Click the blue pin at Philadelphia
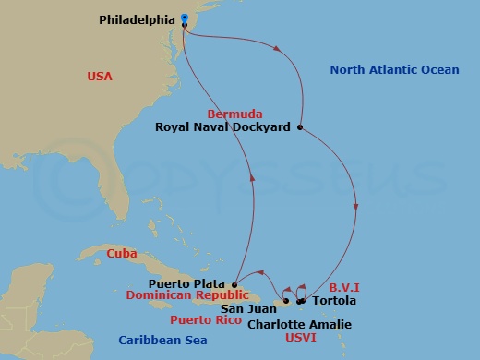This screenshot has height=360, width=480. (x=185, y=18)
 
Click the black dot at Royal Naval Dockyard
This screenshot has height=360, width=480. (x=300, y=127)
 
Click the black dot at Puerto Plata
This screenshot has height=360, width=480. (x=235, y=284)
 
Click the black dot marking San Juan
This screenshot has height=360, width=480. (x=286, y=301)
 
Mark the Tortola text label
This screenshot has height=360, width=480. (x=331, y=301)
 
